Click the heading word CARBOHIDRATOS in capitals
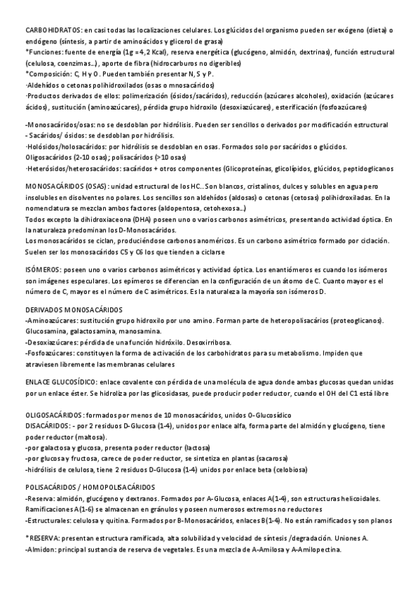coord(53,31)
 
